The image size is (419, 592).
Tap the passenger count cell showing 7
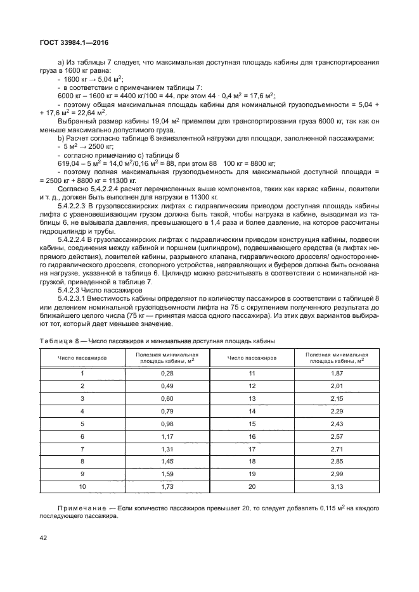point(82,450)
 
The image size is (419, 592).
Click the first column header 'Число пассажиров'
point(82,358)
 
